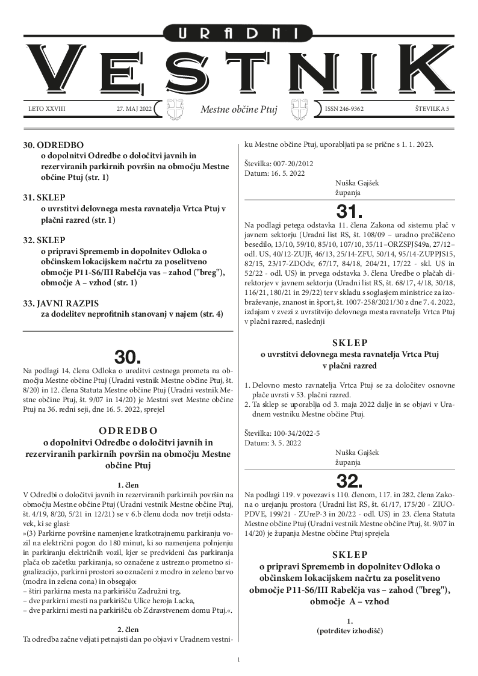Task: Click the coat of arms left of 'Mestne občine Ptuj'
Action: pyautogui.click(x=173, y=110)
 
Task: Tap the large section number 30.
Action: pyautogui.click(x=128, y=357)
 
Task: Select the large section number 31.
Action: pyautogui.click(x=350, y=211)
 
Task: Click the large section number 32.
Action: pyautogui.click(x=350, y=480)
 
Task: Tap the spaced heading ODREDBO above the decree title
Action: pyautogui.click(x=128, y=430)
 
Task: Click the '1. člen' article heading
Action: pyautogui.click(x=128, y=484)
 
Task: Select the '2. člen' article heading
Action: pyautogui.click(x=128, y=630)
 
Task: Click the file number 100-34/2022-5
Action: pyautogui.click(x=291, y=433)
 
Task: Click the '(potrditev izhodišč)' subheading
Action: pyautogui.click(x=349, y=631)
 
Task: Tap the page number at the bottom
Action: pyautogui.click(x=239, y=660)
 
